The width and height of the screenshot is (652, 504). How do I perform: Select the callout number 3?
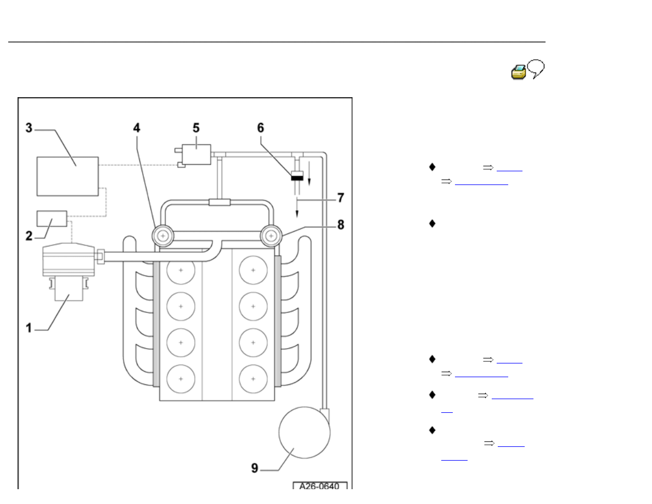(x=29, y=128)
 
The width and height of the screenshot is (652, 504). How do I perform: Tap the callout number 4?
(x=136, y=127)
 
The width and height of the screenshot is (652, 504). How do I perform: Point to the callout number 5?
(x=195, y=127)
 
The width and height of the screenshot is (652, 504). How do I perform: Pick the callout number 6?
(x=260, y=127)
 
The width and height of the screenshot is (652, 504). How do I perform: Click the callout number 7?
(x=340, y=196)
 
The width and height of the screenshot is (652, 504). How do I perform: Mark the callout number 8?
(x=340, y=225)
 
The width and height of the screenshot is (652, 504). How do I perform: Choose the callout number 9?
(x=254, y=468)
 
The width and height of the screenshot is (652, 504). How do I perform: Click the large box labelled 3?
(x=68, y=176)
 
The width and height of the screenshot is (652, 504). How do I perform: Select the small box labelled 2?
(x=52, y=218)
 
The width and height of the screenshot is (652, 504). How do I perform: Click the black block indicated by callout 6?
(x=297, y=177)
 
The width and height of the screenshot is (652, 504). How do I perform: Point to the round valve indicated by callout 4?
(x=163, y=236)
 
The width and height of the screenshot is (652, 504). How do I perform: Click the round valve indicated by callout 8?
(x=271, y=236)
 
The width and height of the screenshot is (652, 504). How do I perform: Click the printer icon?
(x=519, y=72)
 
